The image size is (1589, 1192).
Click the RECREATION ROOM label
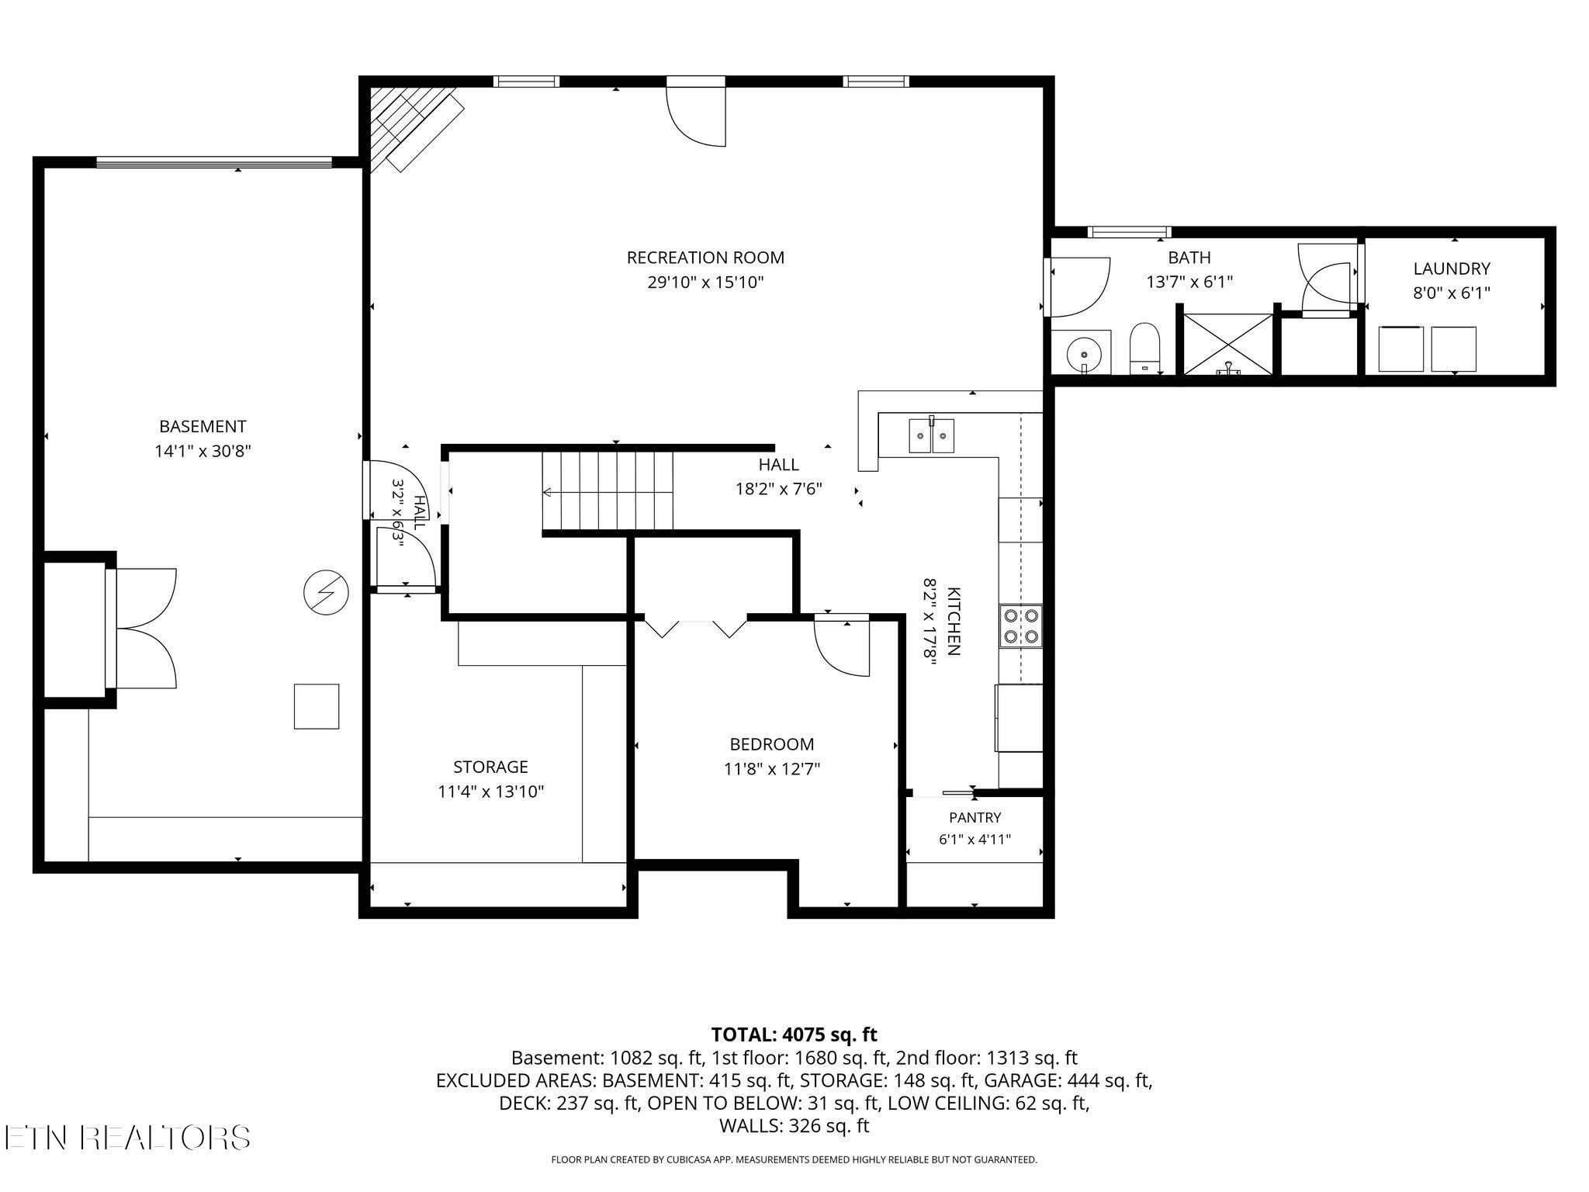tap(705, 258)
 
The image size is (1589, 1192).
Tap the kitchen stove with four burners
tap(1021, 626)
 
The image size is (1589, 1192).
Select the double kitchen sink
tap(932, 435)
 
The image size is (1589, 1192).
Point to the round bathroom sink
tap(1080, 353)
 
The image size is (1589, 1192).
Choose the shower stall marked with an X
tap(1227, 344)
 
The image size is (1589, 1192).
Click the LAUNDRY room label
tap(1451, 269)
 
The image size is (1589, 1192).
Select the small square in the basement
tap(317, 706)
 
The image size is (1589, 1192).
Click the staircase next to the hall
tap(608, 490)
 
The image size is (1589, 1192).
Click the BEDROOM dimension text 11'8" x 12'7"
tap(772, 769)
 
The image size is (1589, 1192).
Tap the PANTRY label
tap(975, 817)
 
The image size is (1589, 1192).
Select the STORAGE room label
tap(490, 767)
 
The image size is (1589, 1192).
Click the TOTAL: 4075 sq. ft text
tap(794, 1034)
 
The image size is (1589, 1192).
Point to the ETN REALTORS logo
tap(126, 1138)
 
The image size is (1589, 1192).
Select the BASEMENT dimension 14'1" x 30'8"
tap(203, 451)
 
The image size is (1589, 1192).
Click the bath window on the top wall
tap(1129, 231)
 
